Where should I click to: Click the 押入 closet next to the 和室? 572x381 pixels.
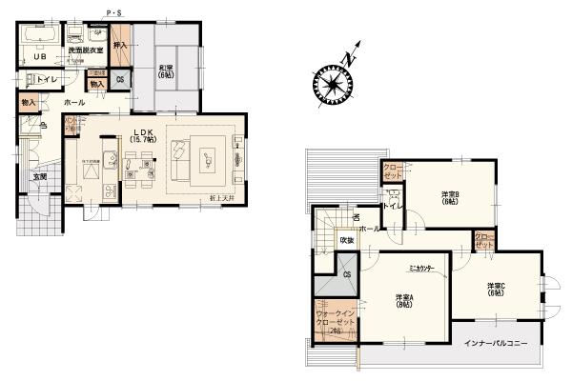click(x=120, y=45)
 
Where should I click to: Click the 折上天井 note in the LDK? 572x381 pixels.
click(x=222, y=197)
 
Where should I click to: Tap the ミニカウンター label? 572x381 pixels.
click(x=421, y=269)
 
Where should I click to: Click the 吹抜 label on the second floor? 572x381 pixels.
click(x=321, y=240)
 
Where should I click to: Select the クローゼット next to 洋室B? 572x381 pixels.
click(x=392, y=171)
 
